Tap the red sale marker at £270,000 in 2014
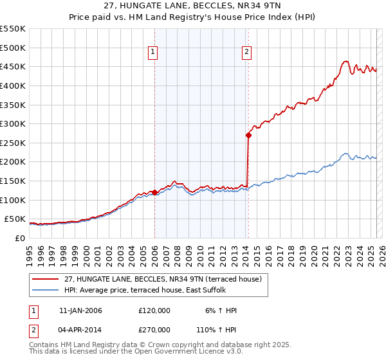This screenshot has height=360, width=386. click(248, 135)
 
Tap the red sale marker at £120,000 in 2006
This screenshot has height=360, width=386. click(154, 192)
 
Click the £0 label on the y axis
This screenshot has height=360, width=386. click(19, 238)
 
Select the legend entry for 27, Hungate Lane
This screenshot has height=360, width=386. click(162, 279)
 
